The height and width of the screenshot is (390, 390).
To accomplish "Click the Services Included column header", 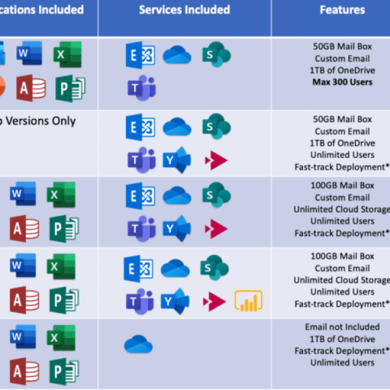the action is (x=185, y=10).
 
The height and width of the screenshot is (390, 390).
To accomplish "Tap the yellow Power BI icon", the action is (x=248, y=301).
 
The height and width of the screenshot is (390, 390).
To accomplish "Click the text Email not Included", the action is (x=343, y=327).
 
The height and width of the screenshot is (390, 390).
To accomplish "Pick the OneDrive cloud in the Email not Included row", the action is (x=138, y=344).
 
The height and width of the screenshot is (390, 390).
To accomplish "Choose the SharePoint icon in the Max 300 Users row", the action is (x=215, y=54).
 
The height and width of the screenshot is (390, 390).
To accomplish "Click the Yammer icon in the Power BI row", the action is (x=176, y=301).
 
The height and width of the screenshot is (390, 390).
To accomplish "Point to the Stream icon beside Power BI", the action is (x=215, y=301).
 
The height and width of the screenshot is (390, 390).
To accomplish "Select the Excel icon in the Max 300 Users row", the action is (x=67, y=54).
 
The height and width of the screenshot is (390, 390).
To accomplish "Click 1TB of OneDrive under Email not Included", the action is (x=343, y=339).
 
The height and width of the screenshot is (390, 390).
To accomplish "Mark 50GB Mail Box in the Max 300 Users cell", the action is (x=343, y=47).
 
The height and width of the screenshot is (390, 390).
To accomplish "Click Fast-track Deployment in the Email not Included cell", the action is (x=343, y=350).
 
